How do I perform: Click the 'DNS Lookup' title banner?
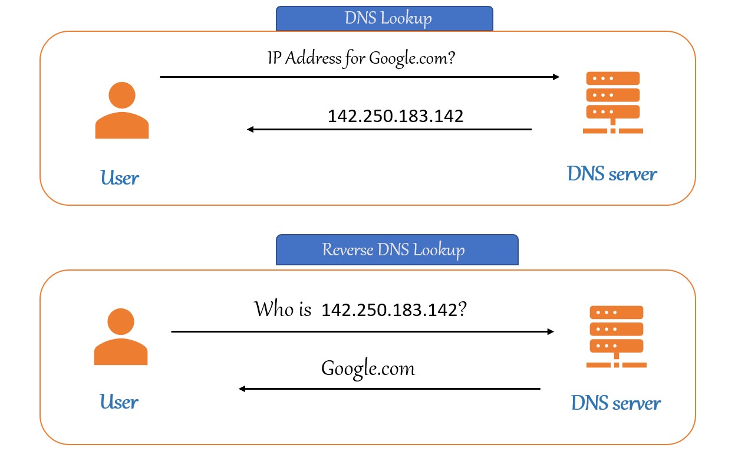coord(384,18)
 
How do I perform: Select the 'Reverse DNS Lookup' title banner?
coord(397,249)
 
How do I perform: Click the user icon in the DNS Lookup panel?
coord(122,110)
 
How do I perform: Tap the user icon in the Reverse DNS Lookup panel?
coord(121,337)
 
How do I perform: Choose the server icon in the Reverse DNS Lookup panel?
coord(616,337)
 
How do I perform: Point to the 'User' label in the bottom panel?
coord(118,402)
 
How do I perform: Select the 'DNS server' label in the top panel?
coord(611,174)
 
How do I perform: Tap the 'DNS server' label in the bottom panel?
coord(615,403)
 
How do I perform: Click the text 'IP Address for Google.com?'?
coord(361,58)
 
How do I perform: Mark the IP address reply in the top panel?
coord(396,116)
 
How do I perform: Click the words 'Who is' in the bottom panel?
coord(282,309)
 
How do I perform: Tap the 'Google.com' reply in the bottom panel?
coord(368,369)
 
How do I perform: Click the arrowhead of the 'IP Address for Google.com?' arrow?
coord(556,77)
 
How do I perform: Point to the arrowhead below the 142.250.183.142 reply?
coord(251,129)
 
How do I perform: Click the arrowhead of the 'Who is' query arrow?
coord(551,332)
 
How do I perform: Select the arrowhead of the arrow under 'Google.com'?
coord(242,389)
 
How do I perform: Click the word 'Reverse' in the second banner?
coord(348,249)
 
